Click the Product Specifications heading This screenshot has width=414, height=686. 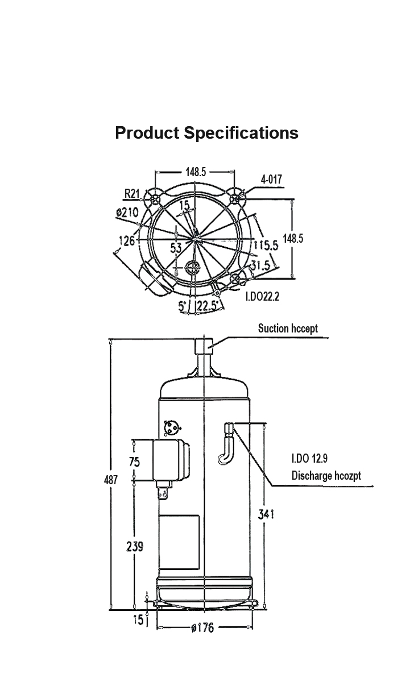pos(206,133)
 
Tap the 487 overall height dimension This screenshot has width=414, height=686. pos(111,480)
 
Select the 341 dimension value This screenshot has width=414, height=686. pos(266,514)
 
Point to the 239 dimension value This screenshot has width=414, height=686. pos(135,546)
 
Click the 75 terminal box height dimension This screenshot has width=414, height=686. pos(135,462)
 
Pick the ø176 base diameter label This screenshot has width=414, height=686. pos(202,628)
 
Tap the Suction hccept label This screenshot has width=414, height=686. pos(288,329)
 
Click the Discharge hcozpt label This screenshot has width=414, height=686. pos(326,476)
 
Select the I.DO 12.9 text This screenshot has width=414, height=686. pos(309,459)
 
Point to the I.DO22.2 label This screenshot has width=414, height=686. pos(263,297)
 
